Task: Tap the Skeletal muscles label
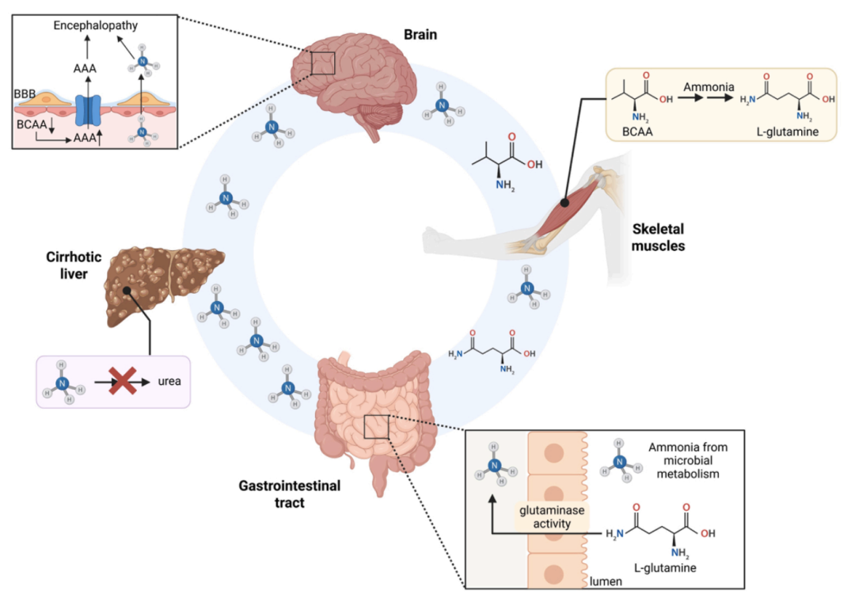[x=658, y=238]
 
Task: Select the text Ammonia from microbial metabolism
[x=687, y=460]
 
